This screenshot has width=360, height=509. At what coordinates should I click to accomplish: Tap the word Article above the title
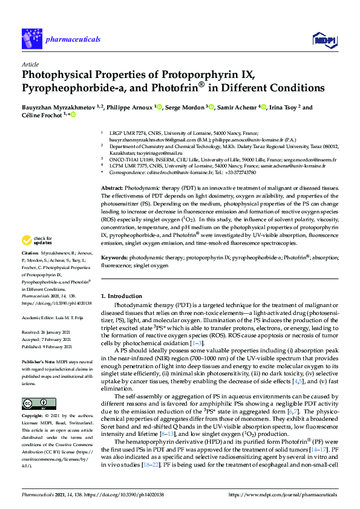coord(30,64)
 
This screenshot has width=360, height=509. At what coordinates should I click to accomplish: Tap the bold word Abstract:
coord(113,172)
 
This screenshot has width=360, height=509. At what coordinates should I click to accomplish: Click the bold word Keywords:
coord(113,258)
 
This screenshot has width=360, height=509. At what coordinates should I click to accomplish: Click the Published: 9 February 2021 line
coord(48,346)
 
